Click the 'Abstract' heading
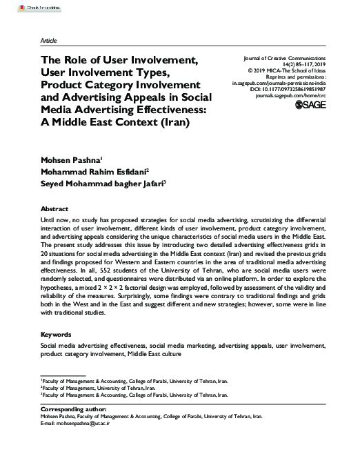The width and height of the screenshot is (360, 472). (x=54, y=208)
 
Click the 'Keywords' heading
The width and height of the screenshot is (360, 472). (x=57, y=334)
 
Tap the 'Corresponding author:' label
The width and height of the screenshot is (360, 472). (x=72, y=411)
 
